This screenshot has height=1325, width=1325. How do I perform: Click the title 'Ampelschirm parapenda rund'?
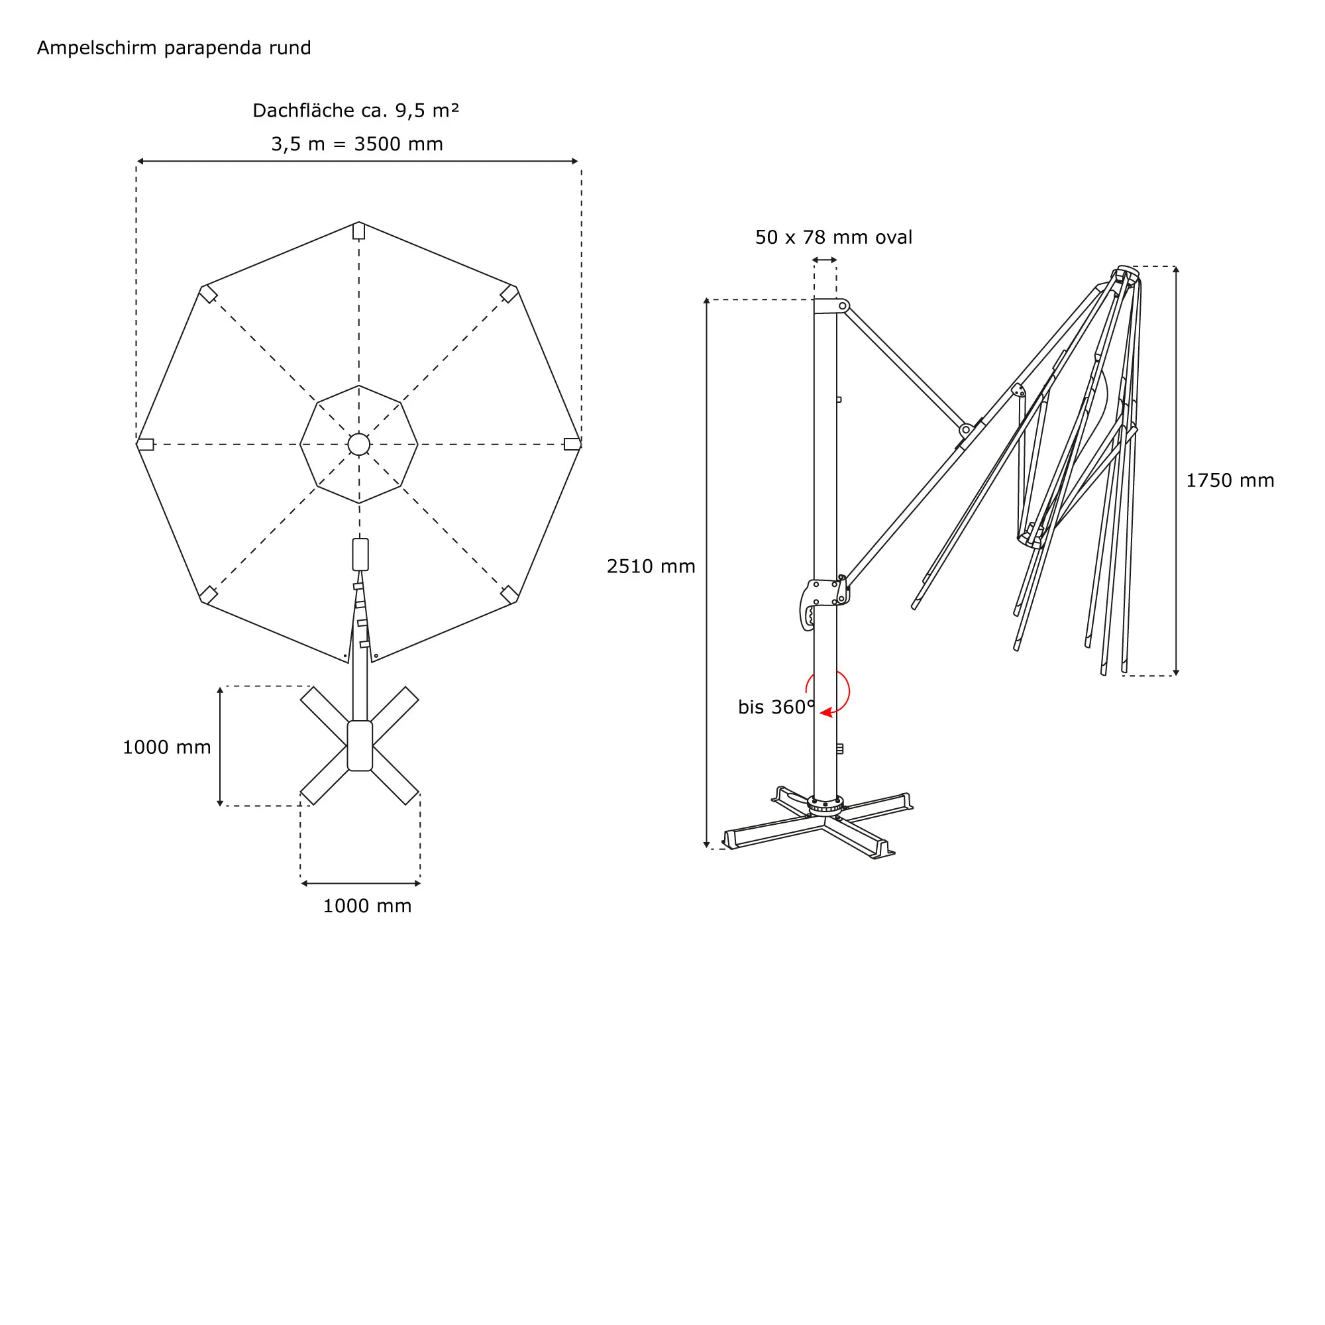click(174, 48)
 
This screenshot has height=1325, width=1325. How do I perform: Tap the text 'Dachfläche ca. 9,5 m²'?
click(356, 111)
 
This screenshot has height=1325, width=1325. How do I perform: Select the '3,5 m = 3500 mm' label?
click(356, 144)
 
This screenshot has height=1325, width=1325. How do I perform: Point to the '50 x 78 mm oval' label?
click(833, 237)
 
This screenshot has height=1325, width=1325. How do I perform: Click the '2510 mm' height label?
click(651, 566)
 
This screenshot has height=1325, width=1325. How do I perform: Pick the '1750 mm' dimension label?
click(1230, 481)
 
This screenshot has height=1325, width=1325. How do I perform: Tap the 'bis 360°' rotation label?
click(776, 707)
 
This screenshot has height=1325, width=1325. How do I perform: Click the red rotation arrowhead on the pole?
click(826, 713)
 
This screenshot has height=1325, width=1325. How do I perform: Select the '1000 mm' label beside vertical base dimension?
click(167, 747)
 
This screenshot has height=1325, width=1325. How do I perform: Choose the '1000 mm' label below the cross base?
click(367, 906)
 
